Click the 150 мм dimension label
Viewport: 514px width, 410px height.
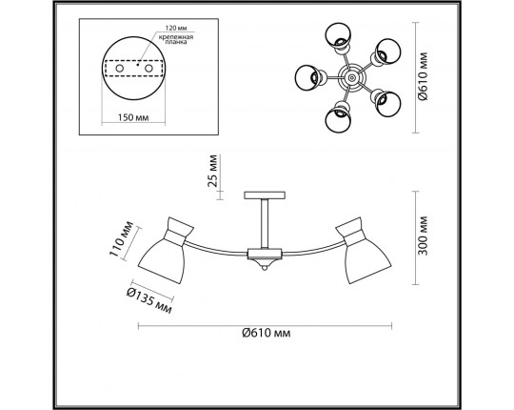(133, 117)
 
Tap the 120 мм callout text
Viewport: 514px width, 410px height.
(174, 28)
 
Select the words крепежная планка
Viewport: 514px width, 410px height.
(176, 39)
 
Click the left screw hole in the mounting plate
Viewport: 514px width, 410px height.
(119, 69)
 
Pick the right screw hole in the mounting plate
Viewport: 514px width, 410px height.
(148, 69)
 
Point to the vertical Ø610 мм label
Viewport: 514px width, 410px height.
(424, 76)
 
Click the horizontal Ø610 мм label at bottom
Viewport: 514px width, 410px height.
(267, 333)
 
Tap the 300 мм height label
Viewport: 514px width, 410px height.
(424, 236)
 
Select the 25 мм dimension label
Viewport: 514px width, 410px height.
(212, 171)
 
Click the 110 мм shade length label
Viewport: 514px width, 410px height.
(121, 238)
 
